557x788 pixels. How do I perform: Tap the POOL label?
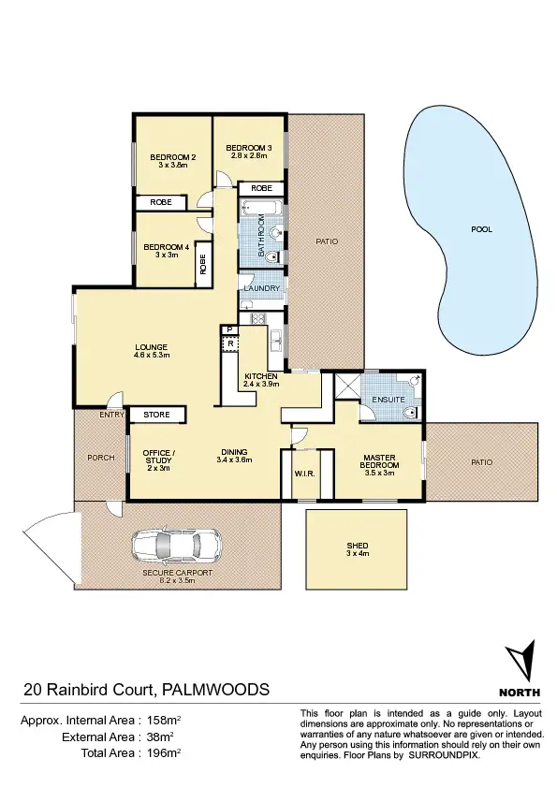click(481, 229)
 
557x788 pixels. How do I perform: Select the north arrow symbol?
click(520, 661)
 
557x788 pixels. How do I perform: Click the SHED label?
click(357, 546)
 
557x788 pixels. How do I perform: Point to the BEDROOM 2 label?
click(173, 156)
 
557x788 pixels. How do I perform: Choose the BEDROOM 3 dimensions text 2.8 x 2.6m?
click(248, 156)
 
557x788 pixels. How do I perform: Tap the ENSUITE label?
click(388, 400)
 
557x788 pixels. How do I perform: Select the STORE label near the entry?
click(156, 414)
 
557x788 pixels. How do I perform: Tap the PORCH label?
click(100, 458)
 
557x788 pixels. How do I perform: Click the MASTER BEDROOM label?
click(380, 462)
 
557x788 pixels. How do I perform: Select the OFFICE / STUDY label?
click(158, 457)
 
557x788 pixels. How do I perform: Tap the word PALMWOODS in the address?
click(216, 690)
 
